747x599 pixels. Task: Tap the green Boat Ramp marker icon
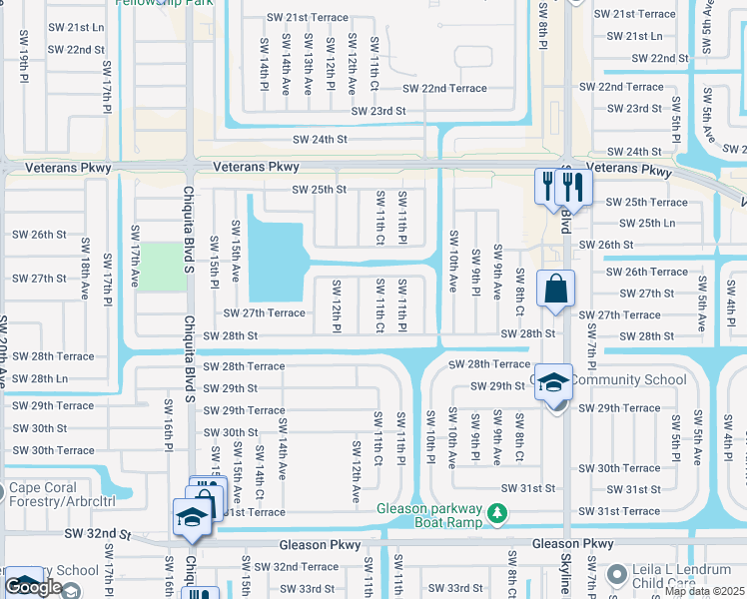(x=497, y=515)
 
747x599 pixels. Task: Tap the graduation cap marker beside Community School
(x=553, y=383)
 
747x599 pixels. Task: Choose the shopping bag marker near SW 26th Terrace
(x=554, y=290)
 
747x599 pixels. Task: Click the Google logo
(x=34, y=587)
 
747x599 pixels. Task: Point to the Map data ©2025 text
(x=704, y=591)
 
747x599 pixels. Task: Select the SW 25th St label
(x=319, y=189)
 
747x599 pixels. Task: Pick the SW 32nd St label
(x=98, y=535)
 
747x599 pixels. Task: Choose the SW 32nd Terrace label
(x=306, y=567)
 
